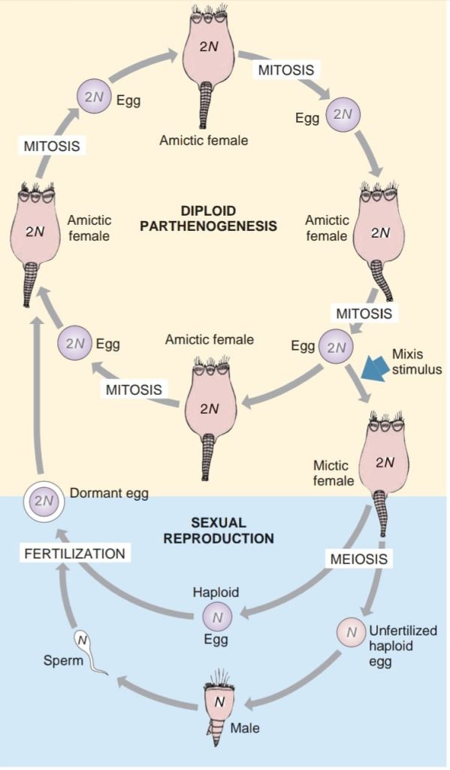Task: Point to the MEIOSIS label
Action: (x=358, y=559)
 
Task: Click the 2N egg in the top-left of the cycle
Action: (x=94, y=98)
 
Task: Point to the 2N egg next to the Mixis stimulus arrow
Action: (x=335, y=347)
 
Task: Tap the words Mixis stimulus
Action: (x=416, y=361)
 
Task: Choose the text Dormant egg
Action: (x=109, y=494)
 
